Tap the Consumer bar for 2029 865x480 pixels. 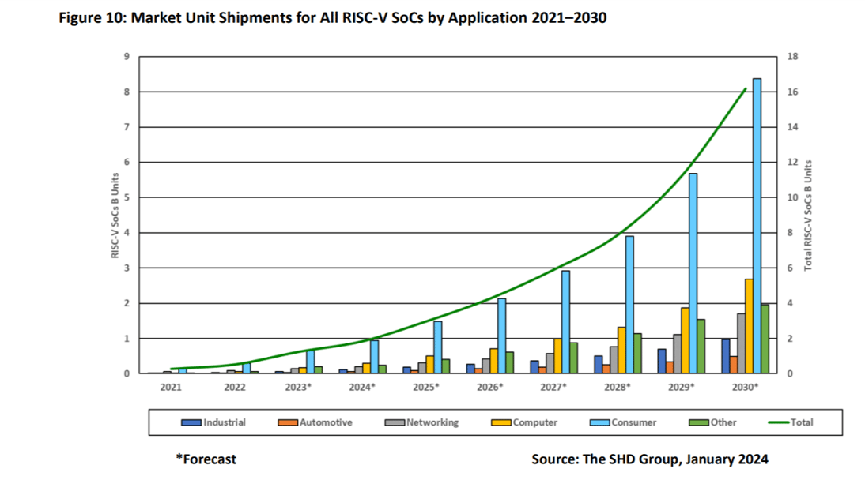(x=693, y=272)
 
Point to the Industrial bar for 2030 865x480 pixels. (x=725, y=356)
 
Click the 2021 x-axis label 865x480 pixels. (x=171, y=388)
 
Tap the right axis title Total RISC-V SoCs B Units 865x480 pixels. (x=808, y=215)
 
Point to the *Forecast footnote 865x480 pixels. (x=206, y=459)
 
